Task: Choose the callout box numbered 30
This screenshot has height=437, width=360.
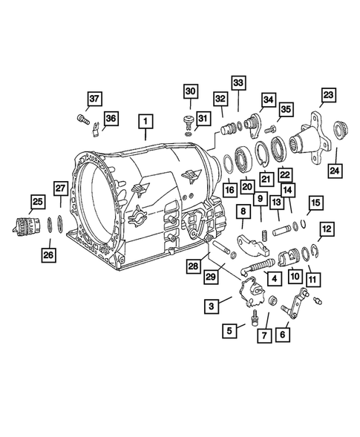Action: (x=190, y=91)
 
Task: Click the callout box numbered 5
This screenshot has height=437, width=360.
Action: (x=232, y=329)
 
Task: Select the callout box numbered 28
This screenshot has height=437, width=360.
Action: (x=193, y=266)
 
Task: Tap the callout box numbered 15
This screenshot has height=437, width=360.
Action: (x=315, y=203)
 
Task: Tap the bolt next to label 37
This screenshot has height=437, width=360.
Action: (x=83, y=118)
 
